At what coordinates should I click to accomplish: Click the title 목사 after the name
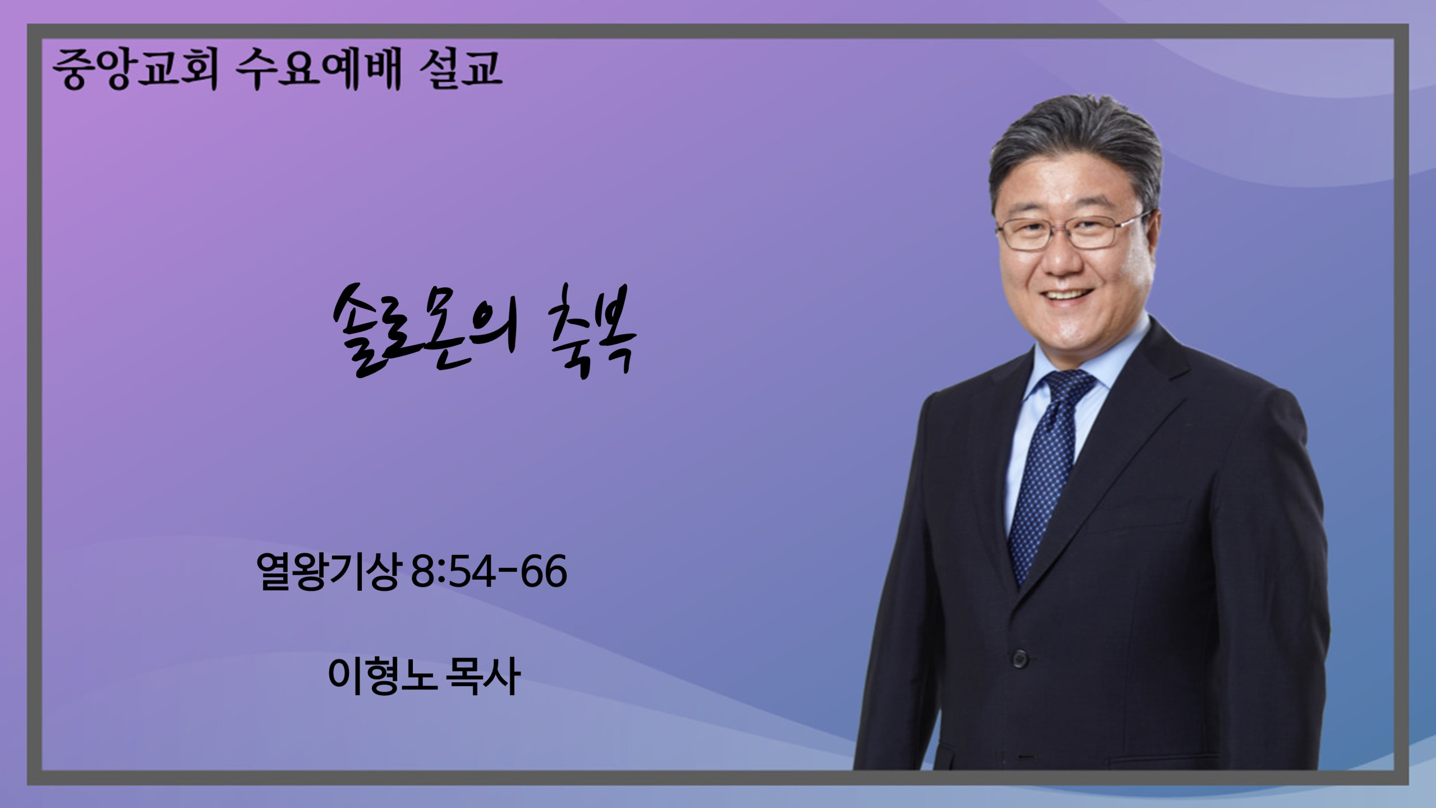tap(482, 676)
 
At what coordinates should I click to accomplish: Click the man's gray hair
tap(1074, 146)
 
